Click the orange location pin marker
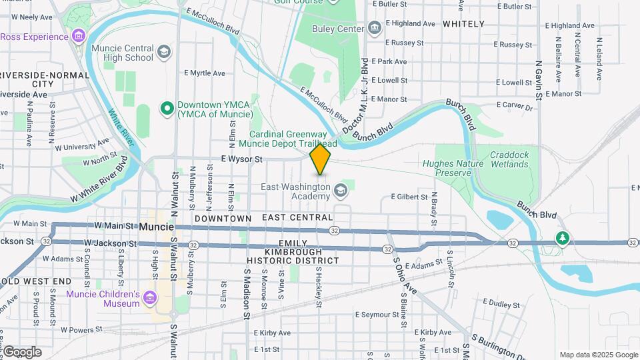(x=320, y=159)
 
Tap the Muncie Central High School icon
(x=163, y=51)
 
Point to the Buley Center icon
(x=374, y=29)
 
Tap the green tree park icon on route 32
(x=563, y=238)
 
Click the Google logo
(x=22, y=351)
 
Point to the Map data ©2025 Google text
(x=598, y=355)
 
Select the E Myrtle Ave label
(x=203, y=73)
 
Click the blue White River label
(x=122, y=127)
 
